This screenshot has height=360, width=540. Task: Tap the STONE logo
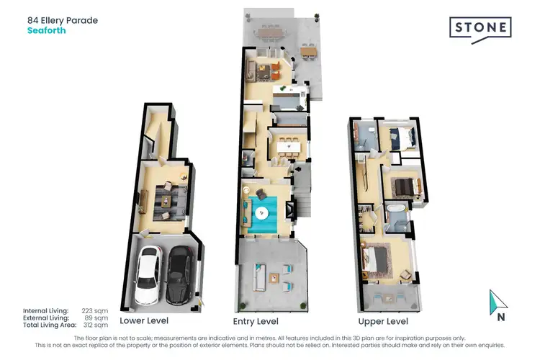coord(480,29)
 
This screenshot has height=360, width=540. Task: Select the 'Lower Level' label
coord(143,321)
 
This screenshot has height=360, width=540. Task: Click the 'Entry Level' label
coord(256,321)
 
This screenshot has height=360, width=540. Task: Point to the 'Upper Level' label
coord(383,321)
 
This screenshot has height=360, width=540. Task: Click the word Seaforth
coord(46,31)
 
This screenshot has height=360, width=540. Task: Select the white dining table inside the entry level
coord(287,147)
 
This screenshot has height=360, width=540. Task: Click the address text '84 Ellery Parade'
coord(63,20)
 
